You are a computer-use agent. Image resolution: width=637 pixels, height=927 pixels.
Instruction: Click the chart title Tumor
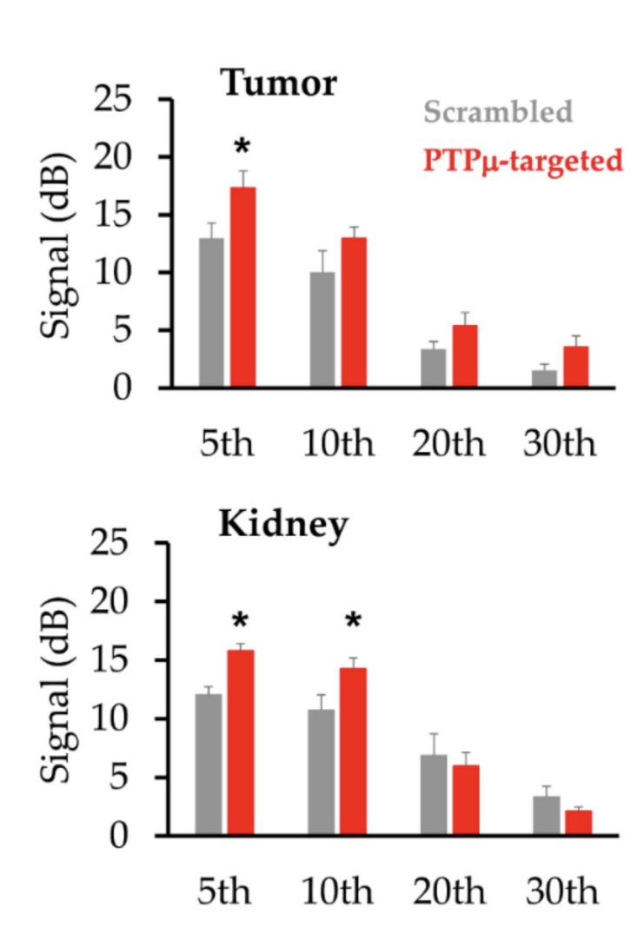278,84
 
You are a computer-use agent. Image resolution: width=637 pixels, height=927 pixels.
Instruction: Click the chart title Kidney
283,525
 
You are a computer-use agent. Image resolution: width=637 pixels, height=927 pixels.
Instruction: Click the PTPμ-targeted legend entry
523,161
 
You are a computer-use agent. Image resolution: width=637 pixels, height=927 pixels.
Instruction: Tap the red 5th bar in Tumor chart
242,287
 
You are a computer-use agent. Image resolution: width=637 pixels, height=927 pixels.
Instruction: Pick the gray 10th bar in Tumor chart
322,329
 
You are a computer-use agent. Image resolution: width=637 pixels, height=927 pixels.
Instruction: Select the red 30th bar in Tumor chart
575,366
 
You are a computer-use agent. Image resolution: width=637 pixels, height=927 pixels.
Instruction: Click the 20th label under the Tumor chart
448,444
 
